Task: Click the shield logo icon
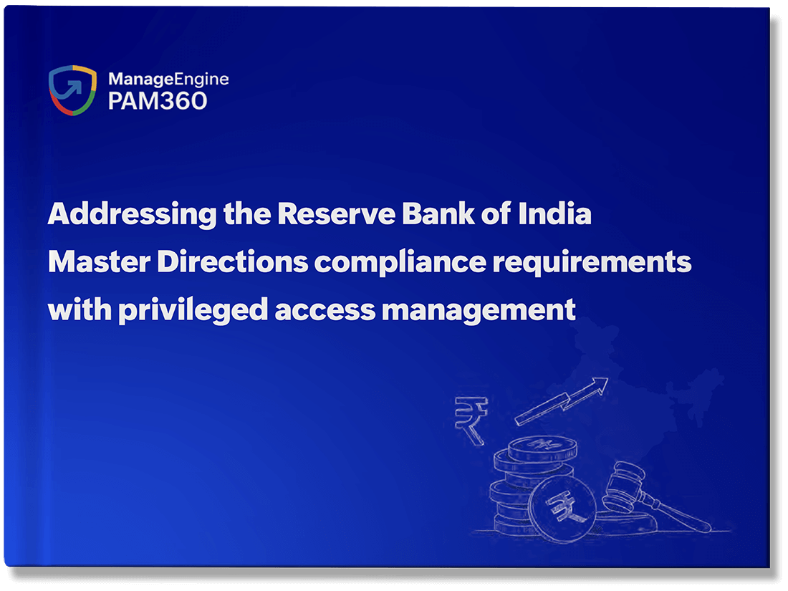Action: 72,90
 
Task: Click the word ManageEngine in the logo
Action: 168,80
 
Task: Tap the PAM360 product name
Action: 158,101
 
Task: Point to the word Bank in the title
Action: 438,213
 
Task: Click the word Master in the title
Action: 99,261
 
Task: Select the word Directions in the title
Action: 233,261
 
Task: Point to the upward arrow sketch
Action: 562,401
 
